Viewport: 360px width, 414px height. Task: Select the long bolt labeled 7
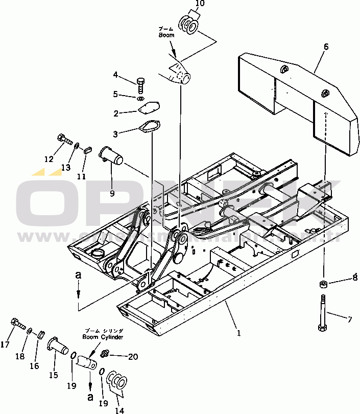(322, 312)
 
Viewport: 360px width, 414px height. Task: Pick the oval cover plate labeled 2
(150, 108)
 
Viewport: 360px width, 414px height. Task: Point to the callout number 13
(66, 167)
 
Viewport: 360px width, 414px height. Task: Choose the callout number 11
(81, 176)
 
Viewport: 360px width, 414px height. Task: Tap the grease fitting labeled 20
(106, 353)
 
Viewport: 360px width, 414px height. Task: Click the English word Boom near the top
(166, 35)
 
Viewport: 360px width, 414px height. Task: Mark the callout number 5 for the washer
(116, 94)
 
